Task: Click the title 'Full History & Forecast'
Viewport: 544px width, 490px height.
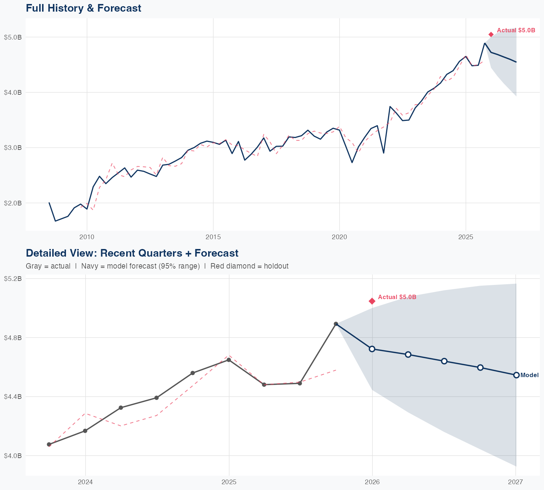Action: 83,8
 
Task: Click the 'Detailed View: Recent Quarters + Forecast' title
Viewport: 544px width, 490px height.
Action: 132,253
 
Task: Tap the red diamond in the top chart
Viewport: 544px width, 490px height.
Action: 491,34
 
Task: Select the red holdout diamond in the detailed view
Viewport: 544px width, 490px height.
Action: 372,301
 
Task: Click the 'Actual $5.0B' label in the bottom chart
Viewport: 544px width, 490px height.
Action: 397,297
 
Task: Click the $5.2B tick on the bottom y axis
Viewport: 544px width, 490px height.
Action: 13,279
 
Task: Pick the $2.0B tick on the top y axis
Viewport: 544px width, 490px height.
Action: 13,203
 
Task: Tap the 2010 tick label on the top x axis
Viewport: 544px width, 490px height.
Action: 87,237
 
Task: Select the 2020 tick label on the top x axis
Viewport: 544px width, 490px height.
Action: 339,237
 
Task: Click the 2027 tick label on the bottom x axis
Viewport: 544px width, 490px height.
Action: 515,482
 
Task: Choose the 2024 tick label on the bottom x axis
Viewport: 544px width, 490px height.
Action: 86,482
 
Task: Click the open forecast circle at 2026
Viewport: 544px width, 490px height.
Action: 372,349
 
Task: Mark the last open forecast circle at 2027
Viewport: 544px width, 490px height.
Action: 516,375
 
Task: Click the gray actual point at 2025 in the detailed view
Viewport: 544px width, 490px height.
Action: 229,360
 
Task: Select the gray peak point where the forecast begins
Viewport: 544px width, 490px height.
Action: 336,324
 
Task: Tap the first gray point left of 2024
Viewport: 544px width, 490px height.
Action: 49,444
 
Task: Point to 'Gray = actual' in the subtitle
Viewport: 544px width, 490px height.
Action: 48,266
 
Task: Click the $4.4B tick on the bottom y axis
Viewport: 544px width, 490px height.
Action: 13,397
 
